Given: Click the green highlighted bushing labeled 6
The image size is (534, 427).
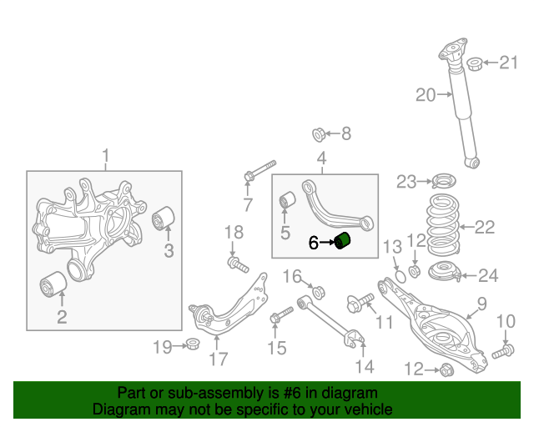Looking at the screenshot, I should [345, 243].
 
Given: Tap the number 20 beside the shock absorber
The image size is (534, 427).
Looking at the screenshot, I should [426, 95].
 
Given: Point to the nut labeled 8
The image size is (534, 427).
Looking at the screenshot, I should [319, 133].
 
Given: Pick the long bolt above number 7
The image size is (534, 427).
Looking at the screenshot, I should [261, 171].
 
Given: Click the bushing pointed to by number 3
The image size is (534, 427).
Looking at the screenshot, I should [164, 219].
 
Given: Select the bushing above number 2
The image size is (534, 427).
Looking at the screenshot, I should [53, 284].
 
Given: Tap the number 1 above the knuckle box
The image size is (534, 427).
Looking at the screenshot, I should [106, 154].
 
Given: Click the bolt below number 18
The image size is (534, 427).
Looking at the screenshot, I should [238, 265].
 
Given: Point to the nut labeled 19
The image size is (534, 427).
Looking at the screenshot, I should [192, 344].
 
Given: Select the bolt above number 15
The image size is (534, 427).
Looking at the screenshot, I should [280, 314].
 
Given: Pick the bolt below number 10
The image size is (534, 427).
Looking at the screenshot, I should [501, 354].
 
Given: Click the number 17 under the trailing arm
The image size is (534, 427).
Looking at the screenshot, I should [218, 360].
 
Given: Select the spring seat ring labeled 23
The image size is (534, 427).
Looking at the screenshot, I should [443, 181].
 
